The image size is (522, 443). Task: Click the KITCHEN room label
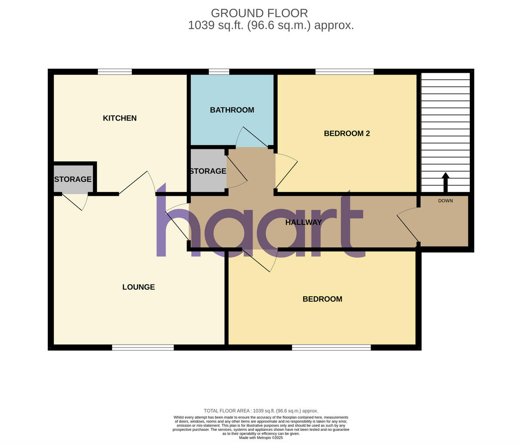(120, 118)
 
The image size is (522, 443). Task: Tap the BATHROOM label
(232, 110)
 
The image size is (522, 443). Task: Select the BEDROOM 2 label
(347, 133)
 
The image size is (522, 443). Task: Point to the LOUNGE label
(138, 287)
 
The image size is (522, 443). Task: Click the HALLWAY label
(304, 222)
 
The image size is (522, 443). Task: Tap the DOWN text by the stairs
(445, 201)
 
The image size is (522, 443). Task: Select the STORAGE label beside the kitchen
(73, 179)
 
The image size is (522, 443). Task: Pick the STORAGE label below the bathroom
(208, 171)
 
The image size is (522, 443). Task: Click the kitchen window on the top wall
(115, 72)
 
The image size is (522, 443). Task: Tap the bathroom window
(219, 72)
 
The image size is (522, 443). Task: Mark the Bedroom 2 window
(345, 72)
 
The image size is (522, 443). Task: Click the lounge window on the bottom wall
(143, 347)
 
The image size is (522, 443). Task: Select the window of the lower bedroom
(331, 347)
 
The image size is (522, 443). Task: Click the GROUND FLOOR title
(259, 13)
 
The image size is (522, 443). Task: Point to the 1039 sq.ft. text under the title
(271, 25)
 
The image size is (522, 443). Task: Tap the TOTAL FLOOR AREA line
(261, 411)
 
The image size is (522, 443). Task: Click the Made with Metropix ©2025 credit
(261, 437)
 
